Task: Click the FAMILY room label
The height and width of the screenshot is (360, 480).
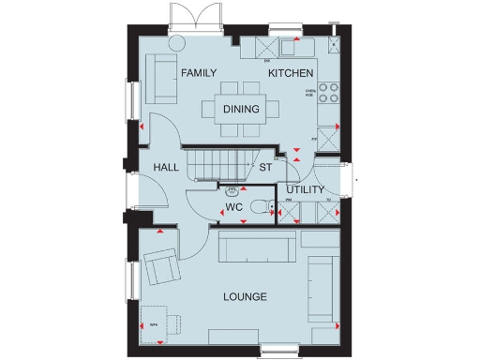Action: coord(199,73)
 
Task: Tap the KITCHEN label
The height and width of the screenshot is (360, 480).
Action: coord(291,73)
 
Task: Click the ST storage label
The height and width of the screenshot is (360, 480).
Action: coord(265,168)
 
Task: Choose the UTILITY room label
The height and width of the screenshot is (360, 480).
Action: coord(305,190)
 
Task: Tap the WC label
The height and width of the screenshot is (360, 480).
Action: coord(233,207)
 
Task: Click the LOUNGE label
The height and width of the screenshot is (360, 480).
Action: coord(245,297)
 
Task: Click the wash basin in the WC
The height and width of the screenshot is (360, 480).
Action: coord(231,189)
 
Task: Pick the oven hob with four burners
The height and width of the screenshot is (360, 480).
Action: coord(329,93)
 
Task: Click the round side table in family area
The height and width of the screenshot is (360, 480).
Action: coord(175,42)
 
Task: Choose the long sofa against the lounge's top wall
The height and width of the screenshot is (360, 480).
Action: coord(258,248)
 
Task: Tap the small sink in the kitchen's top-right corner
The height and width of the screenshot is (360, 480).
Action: coord(333,44)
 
